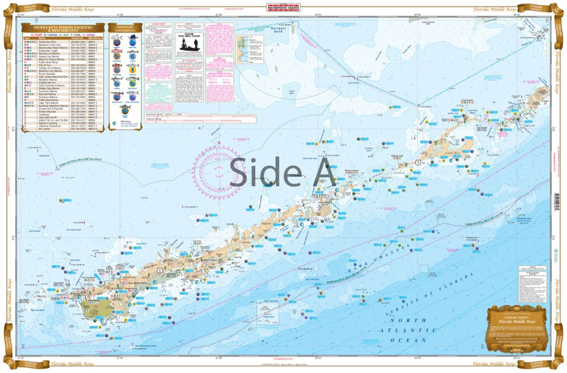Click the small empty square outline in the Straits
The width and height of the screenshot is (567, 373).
(x=423, y=269)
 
